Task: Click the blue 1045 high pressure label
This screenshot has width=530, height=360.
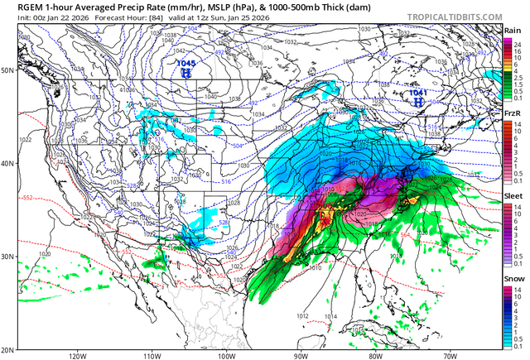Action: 186,63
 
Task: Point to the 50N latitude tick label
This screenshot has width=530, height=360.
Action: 8,70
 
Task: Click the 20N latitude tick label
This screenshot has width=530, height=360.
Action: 8,349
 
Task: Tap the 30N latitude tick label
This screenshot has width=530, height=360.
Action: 8,257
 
